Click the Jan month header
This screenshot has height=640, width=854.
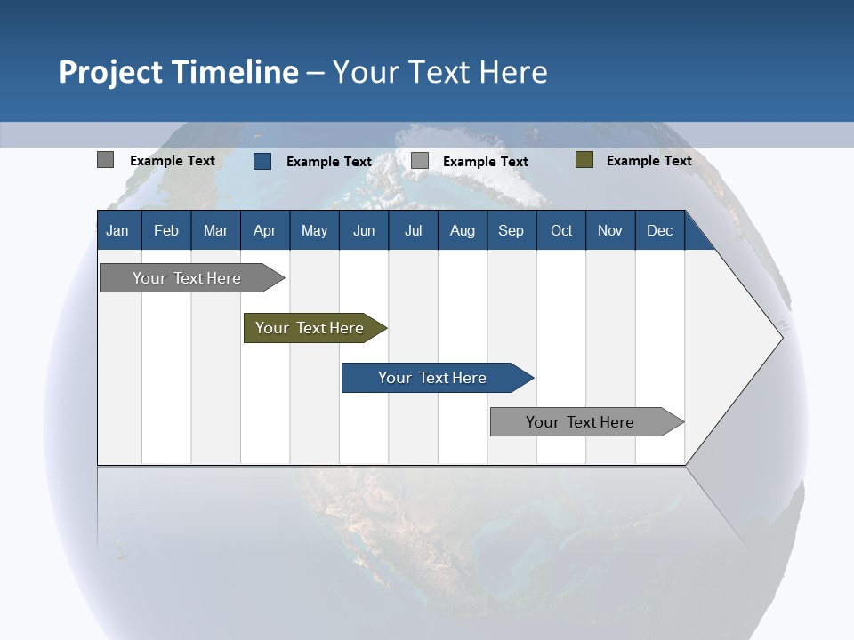pyautogui.click(x=117, y=230)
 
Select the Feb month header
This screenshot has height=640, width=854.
pyautogui.click(x=166, y=230)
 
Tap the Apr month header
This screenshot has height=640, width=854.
pyautogui.click(x=264, y=230)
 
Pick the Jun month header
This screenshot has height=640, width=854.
pyautogui.click(x=364, y=230)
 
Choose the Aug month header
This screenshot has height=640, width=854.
pyautogui.click(x=462, y=230)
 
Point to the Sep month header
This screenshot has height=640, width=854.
pyautogui.click(x=511, y=230)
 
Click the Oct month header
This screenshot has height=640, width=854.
pyautogui.click(x=561, y=230)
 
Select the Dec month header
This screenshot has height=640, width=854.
pyautogui.click(x=659, y=230)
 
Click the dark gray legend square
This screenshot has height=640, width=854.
pyautogui.click(x=106, y=160)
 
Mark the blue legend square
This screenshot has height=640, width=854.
pyautogui.click(x=262, y=161)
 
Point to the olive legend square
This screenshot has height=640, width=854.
pyautogui.click(x=584, y=160)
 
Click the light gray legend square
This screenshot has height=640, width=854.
pyautogui.click(x=420, y=161)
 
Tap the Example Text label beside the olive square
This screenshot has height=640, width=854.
pyautogui.click(x=649, y=160)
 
